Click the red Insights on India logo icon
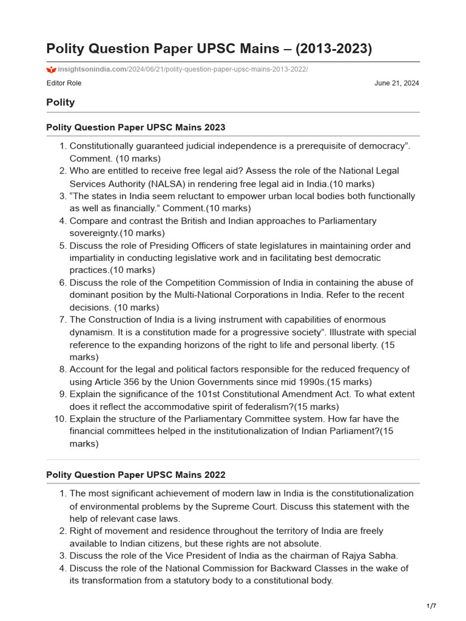point(51,70)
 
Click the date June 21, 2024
point(397,83)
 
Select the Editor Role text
point(64,83)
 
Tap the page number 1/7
point(432,606)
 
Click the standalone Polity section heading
point(61,102)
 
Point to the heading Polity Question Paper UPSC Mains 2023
point(135,127)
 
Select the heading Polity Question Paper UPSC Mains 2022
point(135,474)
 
